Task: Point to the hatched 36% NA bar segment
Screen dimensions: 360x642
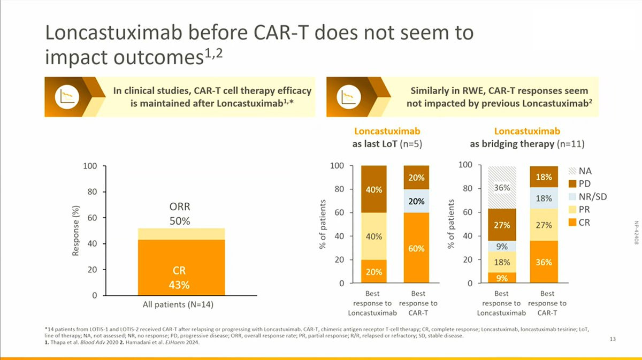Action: [x=501, y=187]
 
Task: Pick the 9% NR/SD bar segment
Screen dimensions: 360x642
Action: [x=501, y=246]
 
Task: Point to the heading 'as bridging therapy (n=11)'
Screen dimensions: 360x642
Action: [x=527, y=144]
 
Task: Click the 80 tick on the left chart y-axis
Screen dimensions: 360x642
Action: [x=91, y=192]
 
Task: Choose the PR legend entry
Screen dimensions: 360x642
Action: [x=584, y=210]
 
